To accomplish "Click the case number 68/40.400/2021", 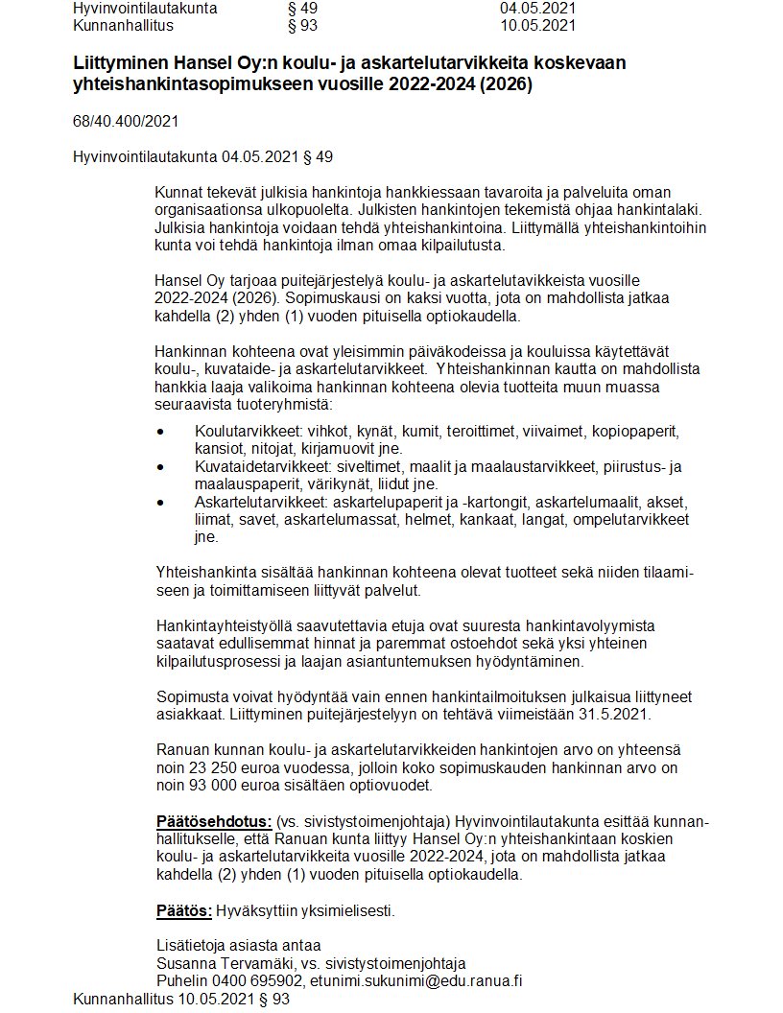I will (126, 121).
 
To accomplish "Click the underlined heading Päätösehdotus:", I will (213, 822).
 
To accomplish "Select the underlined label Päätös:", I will (184, 909).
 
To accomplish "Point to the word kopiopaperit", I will (636, 431).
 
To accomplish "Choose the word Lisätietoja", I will (191, 945).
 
